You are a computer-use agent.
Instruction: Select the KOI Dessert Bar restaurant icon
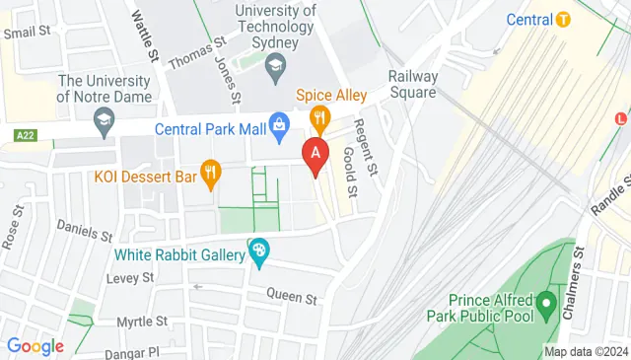pos(209,176)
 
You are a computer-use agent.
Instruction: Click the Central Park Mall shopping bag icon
pos(279,125)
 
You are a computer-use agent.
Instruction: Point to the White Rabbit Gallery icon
pos(259,253)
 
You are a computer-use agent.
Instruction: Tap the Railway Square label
pos(412,84)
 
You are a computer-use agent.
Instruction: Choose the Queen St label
pos(296,297)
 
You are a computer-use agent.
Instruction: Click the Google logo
pos(35,345)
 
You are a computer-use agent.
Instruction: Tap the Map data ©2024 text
pos(586,352)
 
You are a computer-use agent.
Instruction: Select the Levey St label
pos(130,279)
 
